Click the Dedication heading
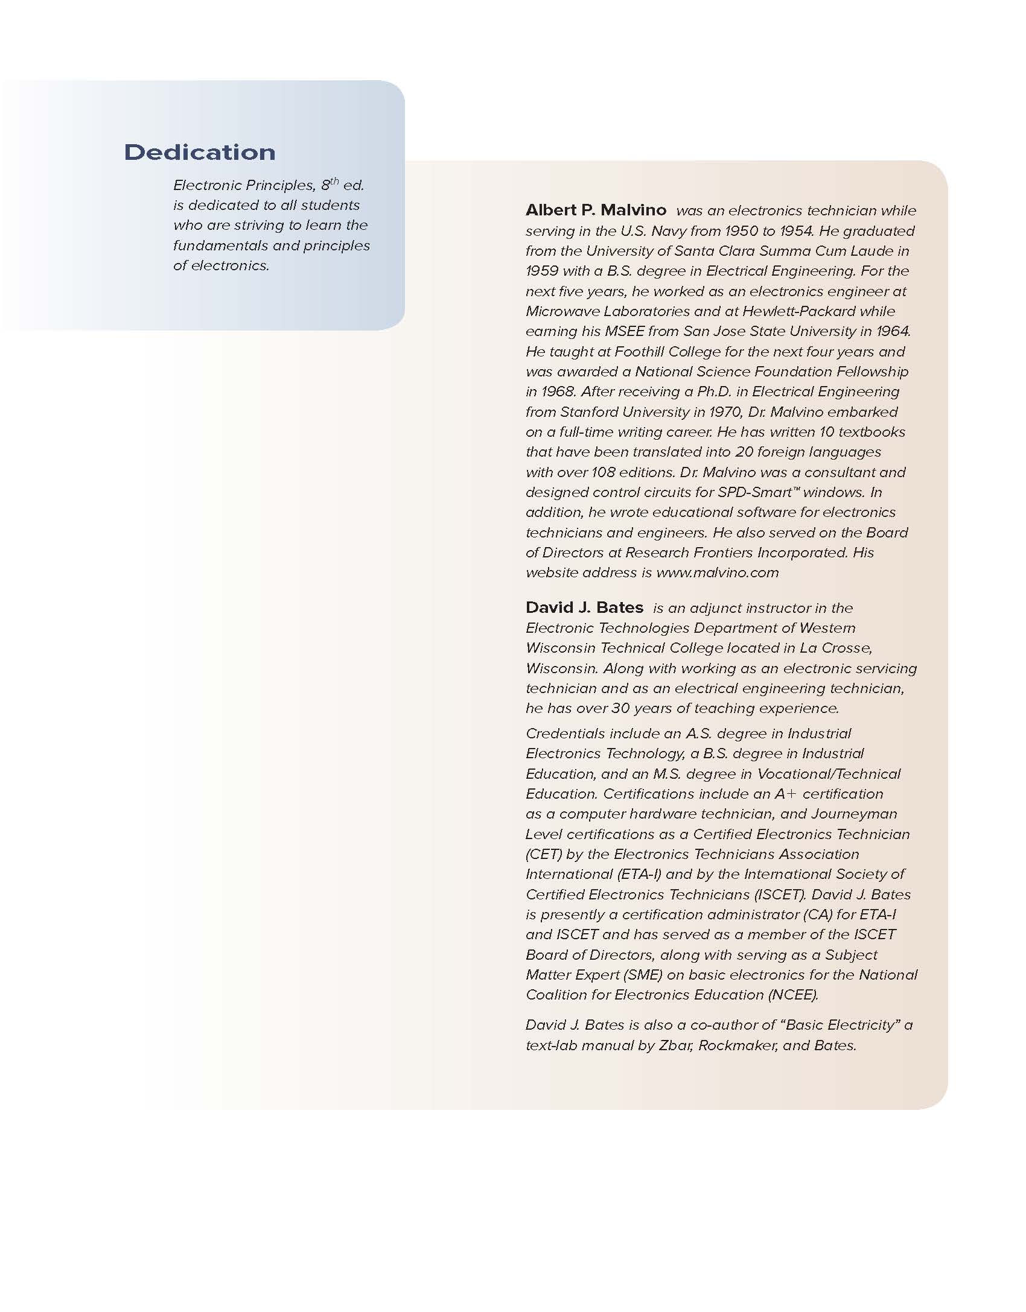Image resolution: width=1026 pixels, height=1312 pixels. coord(200,152)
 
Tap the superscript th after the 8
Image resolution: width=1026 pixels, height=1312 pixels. coord(334,180)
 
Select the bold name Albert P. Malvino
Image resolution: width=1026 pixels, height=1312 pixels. coord(596,210)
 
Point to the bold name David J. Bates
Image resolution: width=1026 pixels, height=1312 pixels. coord(584,607)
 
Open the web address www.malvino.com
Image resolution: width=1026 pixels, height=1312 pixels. coord(717,572)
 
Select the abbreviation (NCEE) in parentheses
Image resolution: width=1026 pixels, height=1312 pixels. coord(793,995)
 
